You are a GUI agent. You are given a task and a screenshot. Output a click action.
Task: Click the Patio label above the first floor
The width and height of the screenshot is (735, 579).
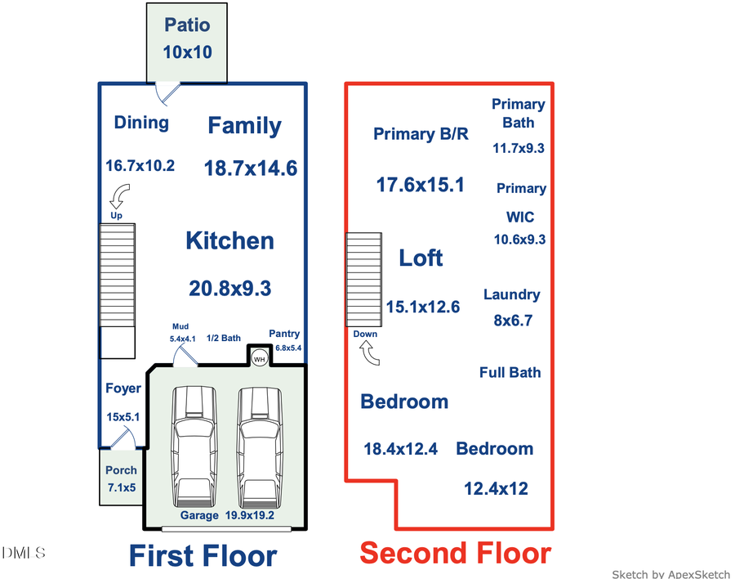[x=187, y=25]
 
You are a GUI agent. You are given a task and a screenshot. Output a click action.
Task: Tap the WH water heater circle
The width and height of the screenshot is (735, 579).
[x=260, y=358]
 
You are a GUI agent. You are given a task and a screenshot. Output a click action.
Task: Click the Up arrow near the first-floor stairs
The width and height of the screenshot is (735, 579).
[x=118, y=197]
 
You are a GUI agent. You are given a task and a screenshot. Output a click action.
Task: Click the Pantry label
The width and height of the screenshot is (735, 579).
[x=284, y=334]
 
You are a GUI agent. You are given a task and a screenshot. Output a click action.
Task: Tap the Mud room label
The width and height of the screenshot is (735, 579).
[x=180, y=325]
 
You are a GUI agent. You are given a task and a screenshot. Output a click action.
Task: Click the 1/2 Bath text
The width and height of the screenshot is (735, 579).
[x=223, y=338]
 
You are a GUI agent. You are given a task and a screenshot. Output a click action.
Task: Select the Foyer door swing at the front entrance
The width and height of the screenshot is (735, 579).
[x=122, y=439]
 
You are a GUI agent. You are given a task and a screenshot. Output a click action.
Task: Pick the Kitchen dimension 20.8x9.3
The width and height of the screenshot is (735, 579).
[x=230, y=288]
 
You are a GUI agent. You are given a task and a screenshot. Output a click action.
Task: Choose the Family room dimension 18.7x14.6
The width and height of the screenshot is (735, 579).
[x=250, y=168]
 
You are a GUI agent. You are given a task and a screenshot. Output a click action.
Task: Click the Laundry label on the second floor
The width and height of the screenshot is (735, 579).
[x=511, y=294]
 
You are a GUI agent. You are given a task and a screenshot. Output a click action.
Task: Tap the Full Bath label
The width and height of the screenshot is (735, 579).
[x=510, y=372]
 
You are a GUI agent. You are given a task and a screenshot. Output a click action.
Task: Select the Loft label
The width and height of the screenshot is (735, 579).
[x=421, y=258]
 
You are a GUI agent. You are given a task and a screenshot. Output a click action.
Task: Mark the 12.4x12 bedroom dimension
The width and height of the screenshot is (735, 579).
[x=496, y=489]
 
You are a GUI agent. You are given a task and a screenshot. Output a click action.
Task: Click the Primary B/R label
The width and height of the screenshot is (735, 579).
[x=421, y=134]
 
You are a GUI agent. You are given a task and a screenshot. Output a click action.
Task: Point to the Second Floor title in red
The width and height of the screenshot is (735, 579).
[x=455, y=553]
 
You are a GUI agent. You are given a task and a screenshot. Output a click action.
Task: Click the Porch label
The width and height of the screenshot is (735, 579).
[x=121, y=470]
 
